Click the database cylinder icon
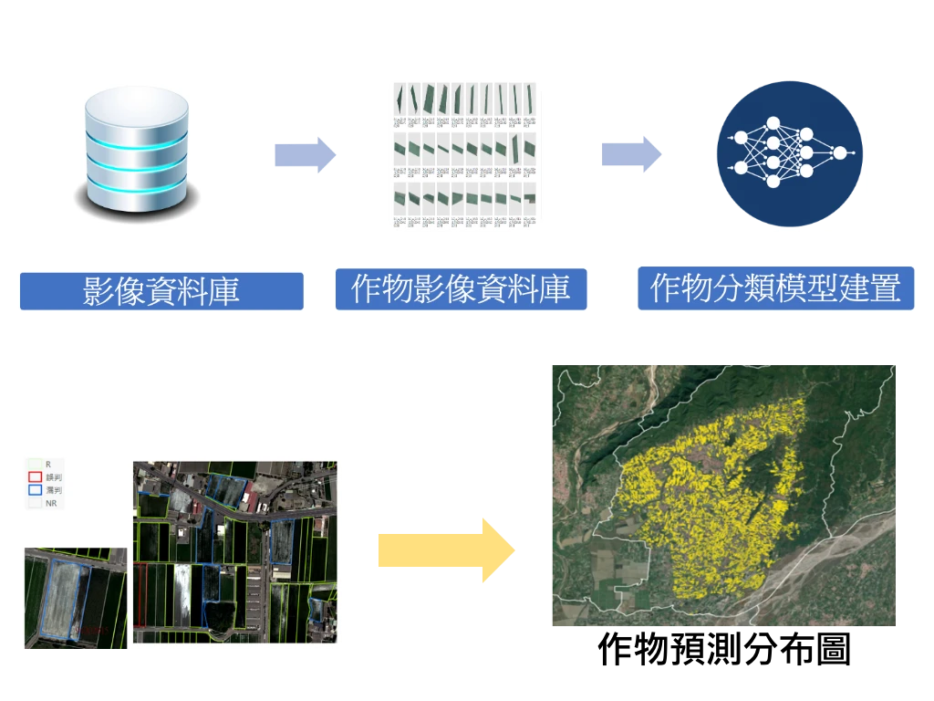click(x=137, y=152)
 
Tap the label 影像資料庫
click(x=161, y=291)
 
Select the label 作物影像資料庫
click(x=460, y=288)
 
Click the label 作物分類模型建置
click(x=775, y=288)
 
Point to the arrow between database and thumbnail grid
click(x=305, y=153)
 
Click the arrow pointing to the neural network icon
click(x=630, y=153)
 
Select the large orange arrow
click(x=446, y=549)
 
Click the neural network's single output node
click(x=839, y=152)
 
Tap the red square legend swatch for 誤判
click(x=36, y=476)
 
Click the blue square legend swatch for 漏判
click(x=36, y=490)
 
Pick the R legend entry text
click(x=48, y=465)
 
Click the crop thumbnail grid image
click(x=465, y=155)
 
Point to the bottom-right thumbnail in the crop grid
click(x=530, y=198)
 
